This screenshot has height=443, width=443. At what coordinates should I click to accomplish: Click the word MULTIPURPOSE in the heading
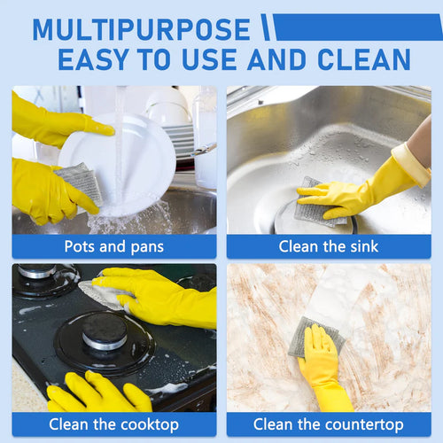coord(142,29)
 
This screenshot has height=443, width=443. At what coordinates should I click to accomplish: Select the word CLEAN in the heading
coord(364,59)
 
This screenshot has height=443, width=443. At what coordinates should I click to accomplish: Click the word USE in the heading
coord(209,59)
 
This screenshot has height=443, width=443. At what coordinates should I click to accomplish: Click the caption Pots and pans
coord(114,246)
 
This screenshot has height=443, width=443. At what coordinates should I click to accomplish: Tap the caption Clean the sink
coord(329,246)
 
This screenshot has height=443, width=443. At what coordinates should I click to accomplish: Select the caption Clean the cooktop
coord(114,424)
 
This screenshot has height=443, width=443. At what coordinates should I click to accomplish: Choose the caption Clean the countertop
coord(329,424)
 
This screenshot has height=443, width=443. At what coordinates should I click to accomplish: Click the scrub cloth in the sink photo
coord(316,204)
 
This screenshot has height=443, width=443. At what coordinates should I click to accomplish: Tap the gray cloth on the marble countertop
coord(316,337)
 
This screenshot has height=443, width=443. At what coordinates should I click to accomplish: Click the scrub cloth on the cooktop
coord(105,294)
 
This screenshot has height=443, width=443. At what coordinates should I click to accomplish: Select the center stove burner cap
coord(105,330)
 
